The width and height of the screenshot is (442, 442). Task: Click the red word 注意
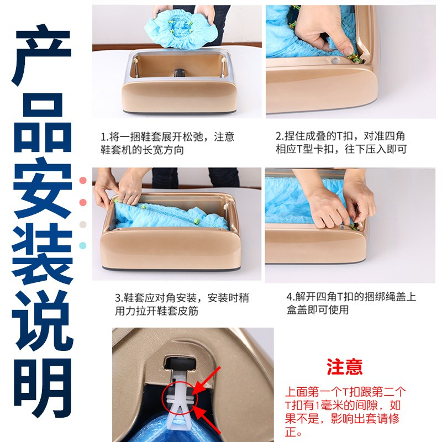[344, 366]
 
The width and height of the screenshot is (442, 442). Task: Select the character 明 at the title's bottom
[43, 388]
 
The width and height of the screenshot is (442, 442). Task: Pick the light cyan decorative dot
[83, 245]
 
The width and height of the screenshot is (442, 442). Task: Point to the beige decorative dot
[83, 225]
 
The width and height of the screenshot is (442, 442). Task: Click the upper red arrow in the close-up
[206, 380]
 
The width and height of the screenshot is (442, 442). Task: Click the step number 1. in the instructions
[104, 137]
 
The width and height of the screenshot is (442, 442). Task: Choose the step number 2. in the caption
[280, 136]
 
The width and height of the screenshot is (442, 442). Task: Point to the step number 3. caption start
[119, 298]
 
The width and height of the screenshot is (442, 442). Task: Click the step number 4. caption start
[291, 297]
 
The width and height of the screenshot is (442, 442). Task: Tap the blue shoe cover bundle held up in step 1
[180, 29]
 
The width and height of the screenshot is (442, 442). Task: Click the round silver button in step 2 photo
[335, 60]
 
